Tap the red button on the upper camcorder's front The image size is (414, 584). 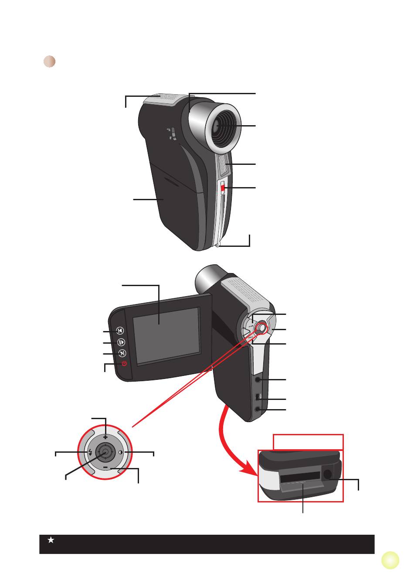click(x=223, y=188)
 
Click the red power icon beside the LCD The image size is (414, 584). click(x=124, y=364)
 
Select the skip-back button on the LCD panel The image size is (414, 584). click(x=121, y=331)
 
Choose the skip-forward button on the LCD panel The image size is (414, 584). click(x=122, y=353)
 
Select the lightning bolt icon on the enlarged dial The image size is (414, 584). click(x=90, y=452)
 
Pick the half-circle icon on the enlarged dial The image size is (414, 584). click(x=121, y=452)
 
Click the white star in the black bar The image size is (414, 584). click(x=51, y=540)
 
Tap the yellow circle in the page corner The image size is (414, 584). click(x=390, y=560)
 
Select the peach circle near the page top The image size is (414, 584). click(x=50, y=61)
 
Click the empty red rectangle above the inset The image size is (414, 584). click(x=308, y=442)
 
